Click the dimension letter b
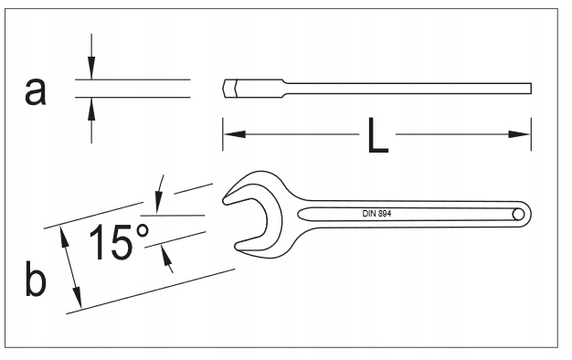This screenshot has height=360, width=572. click(x=35, y=281)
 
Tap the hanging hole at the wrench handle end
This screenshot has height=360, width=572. click(x=517, y=213)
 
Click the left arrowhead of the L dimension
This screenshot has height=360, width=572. click(x=229, y=135)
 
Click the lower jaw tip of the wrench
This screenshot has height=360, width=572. click(x=238, y=245)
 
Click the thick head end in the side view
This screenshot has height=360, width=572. click(x=229, y=89)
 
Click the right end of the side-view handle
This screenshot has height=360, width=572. click(x=530, y=89)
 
